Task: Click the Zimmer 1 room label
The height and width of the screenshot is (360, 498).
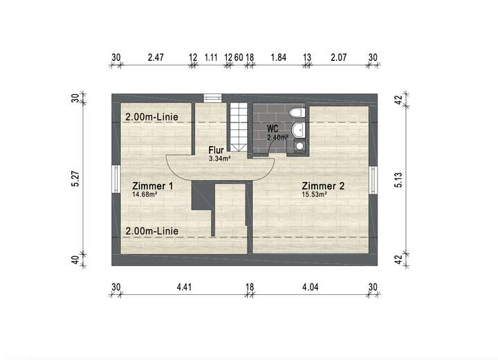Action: (x=152, y=186)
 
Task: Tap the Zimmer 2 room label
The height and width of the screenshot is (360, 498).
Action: (x=323, y=186)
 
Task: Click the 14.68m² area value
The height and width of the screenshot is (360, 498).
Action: (x=145, y=195)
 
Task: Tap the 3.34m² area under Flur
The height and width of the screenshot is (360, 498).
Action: (x=219, y=158)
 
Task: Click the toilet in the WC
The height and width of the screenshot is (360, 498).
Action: (x=297, y=113)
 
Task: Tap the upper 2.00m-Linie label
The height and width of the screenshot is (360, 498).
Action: (x=151, y=118)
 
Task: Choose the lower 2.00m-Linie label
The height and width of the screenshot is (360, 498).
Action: (x=151, y=231)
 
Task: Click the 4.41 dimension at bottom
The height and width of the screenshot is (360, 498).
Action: (x=184, y=286)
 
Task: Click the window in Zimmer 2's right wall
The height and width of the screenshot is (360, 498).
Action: (x=374, y=179)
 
